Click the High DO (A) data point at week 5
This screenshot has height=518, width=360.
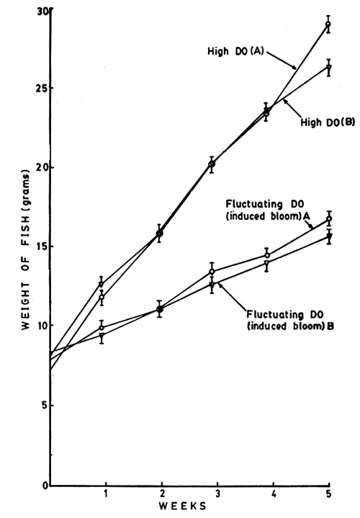tap(328, 24)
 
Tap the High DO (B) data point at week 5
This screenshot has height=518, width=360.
tap(328, 68)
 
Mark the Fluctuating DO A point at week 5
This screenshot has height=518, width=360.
tap(328, 218)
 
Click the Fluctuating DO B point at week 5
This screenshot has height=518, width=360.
tap(328, 236)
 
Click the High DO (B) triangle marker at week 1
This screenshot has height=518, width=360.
tap(102, 284)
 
